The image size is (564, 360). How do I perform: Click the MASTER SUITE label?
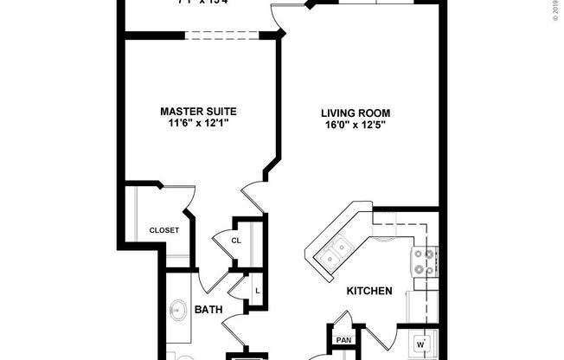click(x=198, y=112)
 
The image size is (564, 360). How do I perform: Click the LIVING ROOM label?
click(x=356, y=112)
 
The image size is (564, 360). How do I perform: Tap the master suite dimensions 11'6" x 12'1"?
click(x=198, y=125)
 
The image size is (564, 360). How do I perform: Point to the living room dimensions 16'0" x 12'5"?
click(x=356, y=125)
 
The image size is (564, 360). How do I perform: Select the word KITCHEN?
click(x=370, y=292)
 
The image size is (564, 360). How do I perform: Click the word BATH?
click(x=208, y=309)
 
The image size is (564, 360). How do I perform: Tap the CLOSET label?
click(x=163, y=230)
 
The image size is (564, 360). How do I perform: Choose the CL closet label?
click(x=235, y=240)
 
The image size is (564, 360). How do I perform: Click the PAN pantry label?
click(x=343, y=340)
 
